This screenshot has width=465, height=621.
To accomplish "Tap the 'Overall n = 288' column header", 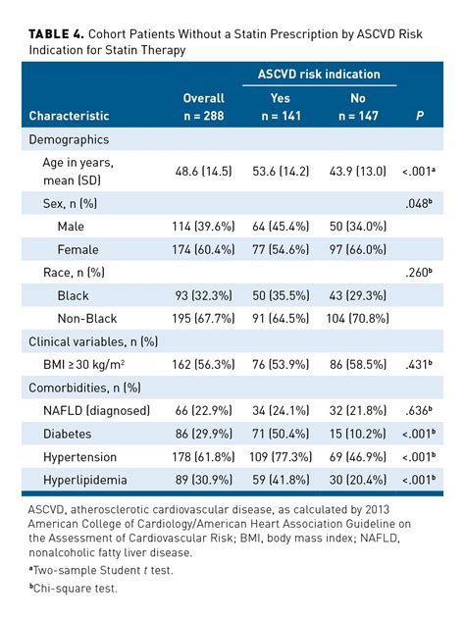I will [x=204, y=107].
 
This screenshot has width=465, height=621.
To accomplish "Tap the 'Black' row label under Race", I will [x=73, y=295].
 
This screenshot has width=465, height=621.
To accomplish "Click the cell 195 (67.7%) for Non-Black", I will [x=204, y=318].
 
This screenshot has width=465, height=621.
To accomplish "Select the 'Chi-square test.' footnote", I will [x=77, y=588].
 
